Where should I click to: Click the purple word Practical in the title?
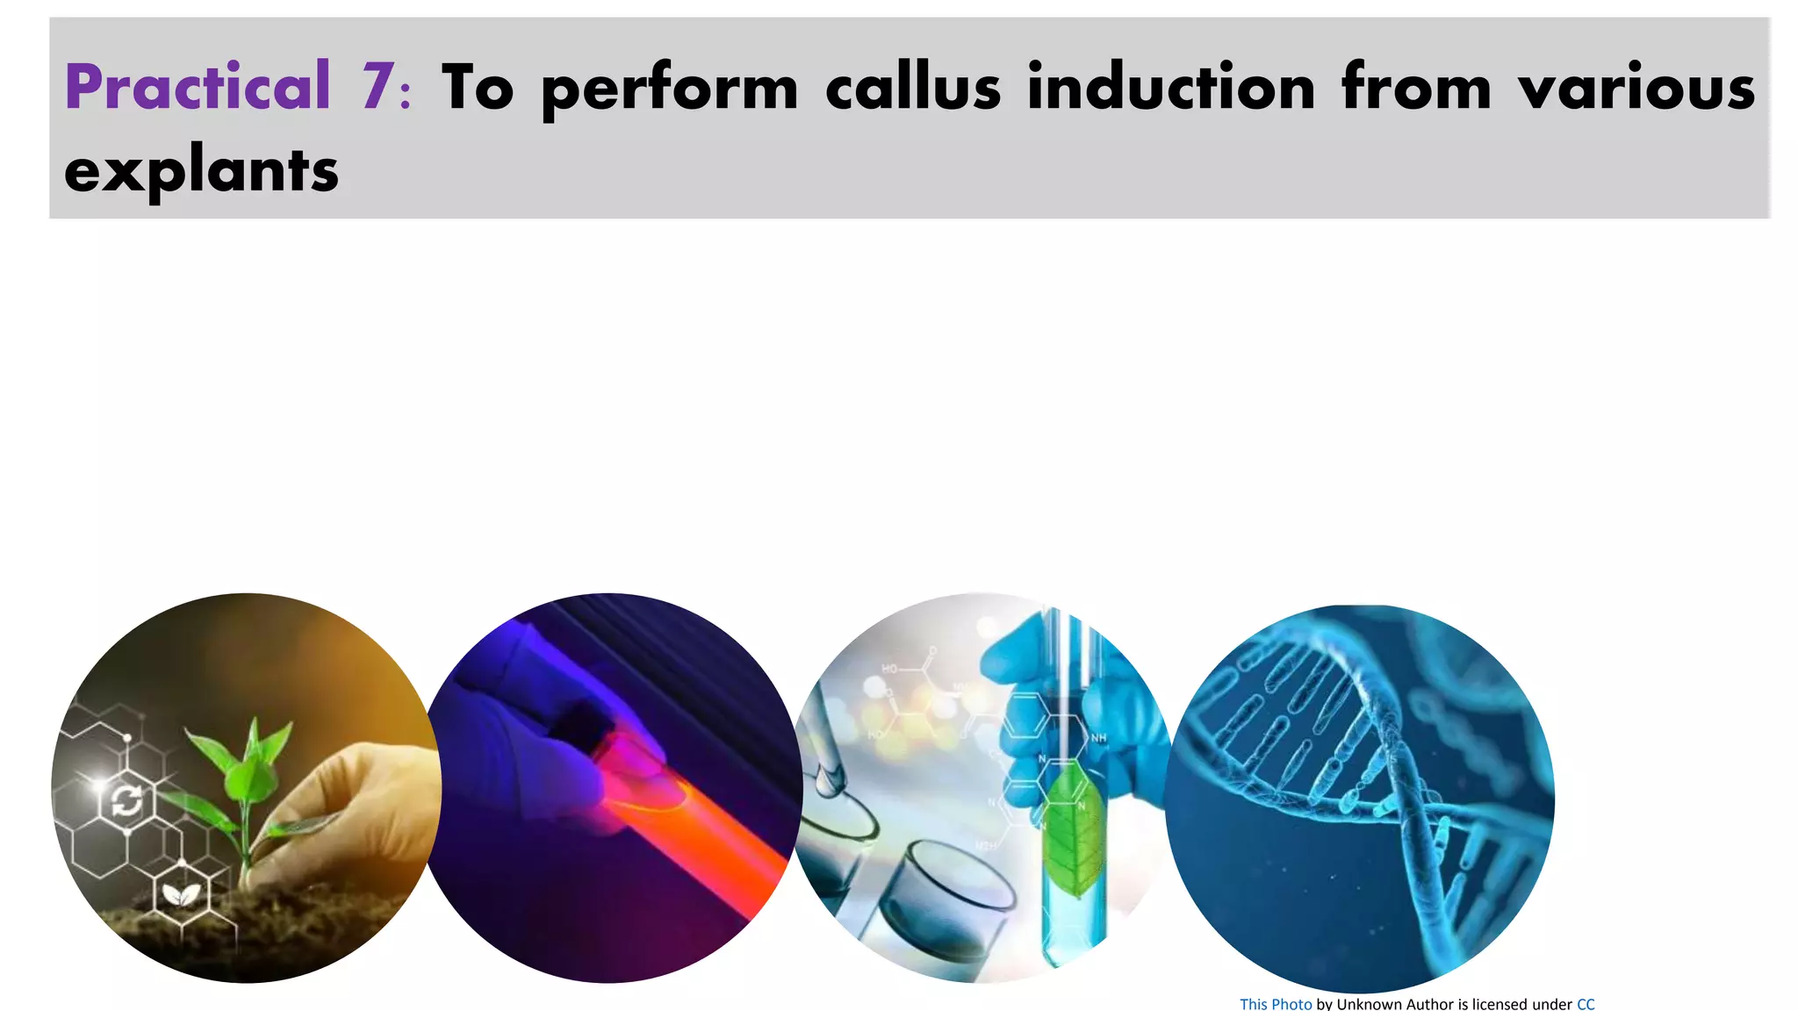197,87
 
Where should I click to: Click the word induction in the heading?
1171,87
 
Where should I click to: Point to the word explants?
201,171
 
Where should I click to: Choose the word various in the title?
1636,87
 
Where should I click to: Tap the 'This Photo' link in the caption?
1275,1003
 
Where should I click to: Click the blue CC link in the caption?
1586,1003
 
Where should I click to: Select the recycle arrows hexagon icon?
126,799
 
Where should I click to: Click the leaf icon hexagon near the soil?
183,894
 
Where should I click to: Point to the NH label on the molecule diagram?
1098,738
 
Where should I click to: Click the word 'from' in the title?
1415,87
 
